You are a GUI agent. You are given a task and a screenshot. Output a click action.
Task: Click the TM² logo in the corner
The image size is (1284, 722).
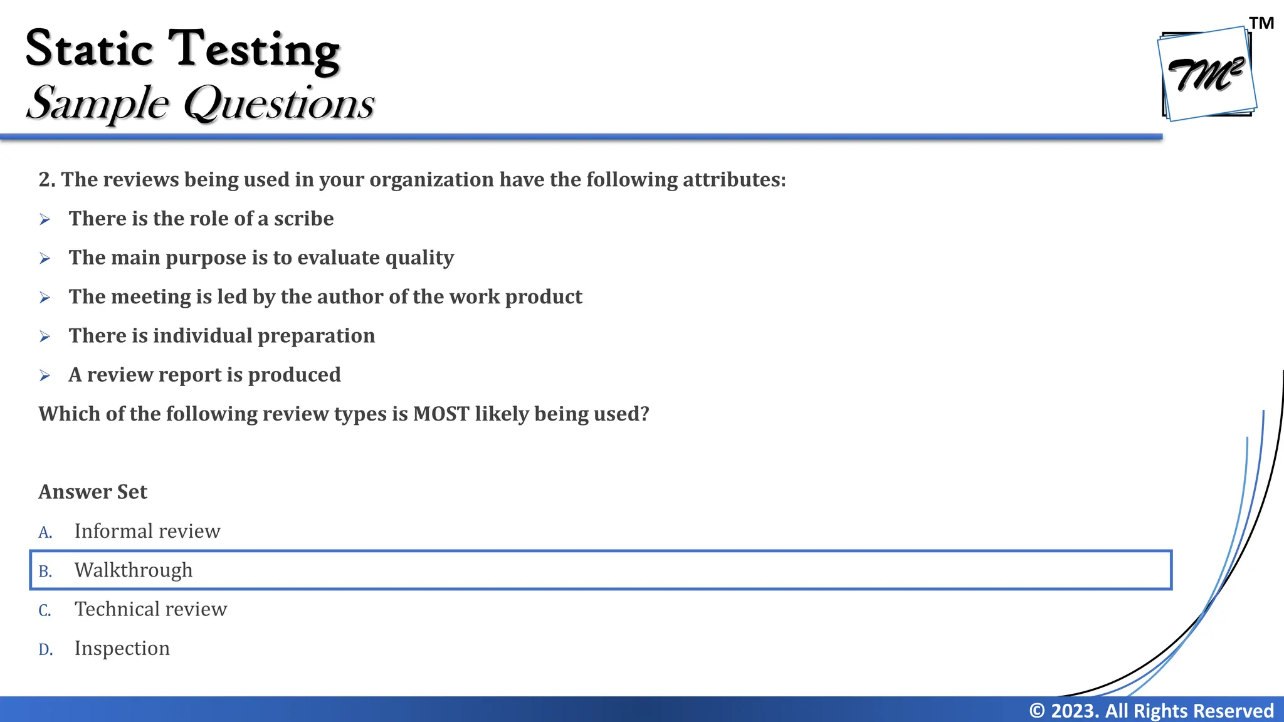[x=1206, y=74]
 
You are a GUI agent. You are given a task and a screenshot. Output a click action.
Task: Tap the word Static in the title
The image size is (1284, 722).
[x=89, y=49]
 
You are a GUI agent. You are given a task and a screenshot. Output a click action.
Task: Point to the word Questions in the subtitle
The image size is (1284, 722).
[x=279, y=103]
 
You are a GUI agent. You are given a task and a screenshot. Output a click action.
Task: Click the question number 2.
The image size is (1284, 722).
[x=46, y=180]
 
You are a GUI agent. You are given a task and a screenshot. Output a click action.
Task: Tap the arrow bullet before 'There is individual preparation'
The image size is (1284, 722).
[x=45, y=337]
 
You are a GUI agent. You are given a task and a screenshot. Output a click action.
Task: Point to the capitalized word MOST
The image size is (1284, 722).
[x=441, y=414]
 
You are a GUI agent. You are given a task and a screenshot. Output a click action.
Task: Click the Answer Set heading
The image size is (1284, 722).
[x=93, y=492]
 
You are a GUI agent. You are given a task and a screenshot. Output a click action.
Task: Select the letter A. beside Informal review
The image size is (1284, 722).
[x=45, y=532]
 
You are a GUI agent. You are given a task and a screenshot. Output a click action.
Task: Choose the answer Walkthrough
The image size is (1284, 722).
[x=134, y=570]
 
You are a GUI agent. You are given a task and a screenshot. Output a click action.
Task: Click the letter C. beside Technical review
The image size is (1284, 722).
[x=45, y=610]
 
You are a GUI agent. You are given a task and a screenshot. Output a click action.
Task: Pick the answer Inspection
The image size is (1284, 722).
[x=122, y=648]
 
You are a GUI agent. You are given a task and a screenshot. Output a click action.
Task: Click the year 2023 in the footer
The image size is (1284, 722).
[x=1074, y=711]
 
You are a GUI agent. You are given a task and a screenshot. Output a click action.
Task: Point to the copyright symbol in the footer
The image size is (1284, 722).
[x=1037, y=711]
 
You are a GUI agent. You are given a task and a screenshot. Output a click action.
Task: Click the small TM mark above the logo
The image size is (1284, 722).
[x=1261, y=23]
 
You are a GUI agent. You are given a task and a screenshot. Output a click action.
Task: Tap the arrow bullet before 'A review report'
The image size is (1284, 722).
[x=45, y=375]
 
